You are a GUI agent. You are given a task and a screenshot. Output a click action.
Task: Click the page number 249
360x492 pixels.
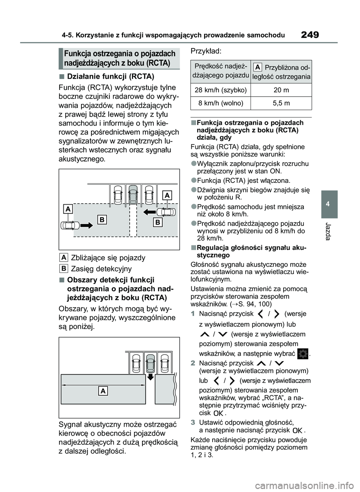[x=310, y=35]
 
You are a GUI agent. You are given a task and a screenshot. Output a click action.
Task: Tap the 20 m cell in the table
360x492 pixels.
[x=281, y=90]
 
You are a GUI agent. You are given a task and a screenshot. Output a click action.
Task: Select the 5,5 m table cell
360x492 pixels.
[x=281, y=103]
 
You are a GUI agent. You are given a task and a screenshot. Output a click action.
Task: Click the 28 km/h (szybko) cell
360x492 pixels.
[x=220, y=90]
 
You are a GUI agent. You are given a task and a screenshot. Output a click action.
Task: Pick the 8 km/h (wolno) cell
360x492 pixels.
[x=220, y=103]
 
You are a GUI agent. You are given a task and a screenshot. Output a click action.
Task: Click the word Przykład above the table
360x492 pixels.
[x=206, y=51]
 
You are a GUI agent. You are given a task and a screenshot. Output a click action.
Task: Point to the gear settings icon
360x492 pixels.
[x=302, y=354]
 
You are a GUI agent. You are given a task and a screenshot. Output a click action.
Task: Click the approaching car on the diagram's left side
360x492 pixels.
[x=70, y=225]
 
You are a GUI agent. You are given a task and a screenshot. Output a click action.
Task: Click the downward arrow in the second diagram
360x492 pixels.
[x=150, y=376]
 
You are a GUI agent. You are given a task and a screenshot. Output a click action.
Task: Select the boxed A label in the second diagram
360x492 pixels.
[x=103, y=391]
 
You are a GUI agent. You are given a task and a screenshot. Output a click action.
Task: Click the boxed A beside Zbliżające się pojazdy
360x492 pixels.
[x=64, y=257]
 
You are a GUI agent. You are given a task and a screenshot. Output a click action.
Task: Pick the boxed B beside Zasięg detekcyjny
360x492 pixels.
[x=64, y=268]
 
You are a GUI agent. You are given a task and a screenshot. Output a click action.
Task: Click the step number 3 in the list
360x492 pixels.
[x=193, y=422]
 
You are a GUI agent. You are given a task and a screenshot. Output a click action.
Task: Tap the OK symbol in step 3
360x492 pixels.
[x=297, y=431]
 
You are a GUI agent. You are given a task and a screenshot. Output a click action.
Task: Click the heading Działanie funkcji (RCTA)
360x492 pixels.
[x=110, y=76]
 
